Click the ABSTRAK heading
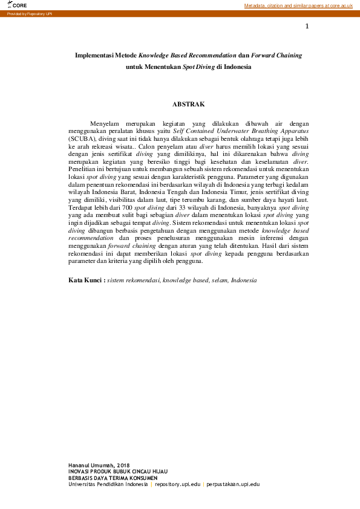188,104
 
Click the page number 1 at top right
307,27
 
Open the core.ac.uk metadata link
298,5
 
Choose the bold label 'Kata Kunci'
87,280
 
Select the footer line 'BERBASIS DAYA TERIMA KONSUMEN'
113,478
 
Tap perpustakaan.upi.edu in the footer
233,484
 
